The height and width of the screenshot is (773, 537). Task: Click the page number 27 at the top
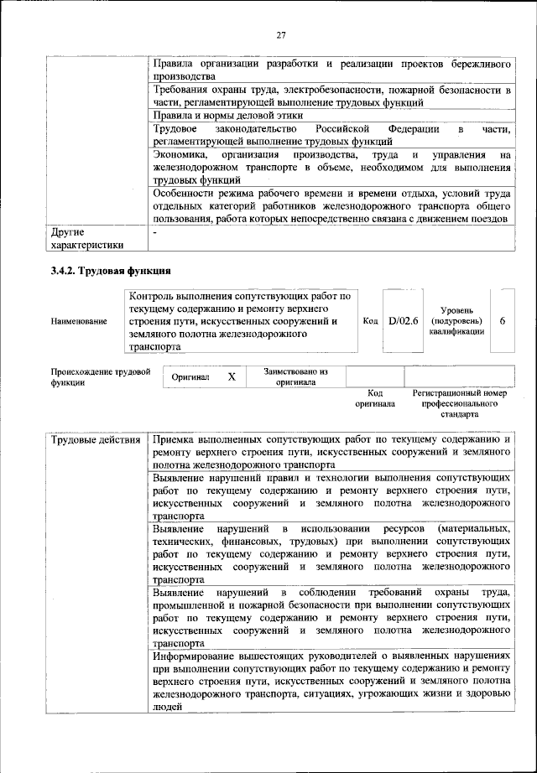pyautogui.click(x=280, y=34)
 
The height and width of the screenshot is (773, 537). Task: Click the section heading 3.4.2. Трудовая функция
pyautogui.click(x=111, y=272)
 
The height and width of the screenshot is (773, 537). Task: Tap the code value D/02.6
pyautogui.click(x=403, y=320)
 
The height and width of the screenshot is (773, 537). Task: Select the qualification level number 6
pyautogui.click(x=502, y=320)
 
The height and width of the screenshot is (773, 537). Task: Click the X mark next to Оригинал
pyautogui.click(x=232, y=378)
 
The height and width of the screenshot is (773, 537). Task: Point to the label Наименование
pyautogui.click(x=79, y=321)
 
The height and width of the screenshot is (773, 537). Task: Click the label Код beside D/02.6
pyautogui.click(x=370, y=321)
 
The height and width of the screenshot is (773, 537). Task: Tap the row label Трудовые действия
pyautogui.click(x=95, y=440)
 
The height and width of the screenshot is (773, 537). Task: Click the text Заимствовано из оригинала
pyautogui.click(x=295, y=376)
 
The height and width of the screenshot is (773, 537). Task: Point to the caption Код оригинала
pyautogui.click(x=374, y=397)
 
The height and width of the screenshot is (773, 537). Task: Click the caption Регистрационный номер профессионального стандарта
pyautogui.click(x=460, y=403)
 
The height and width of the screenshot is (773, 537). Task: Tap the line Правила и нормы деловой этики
pyautogui.click(x=228, y=116)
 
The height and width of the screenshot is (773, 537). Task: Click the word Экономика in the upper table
pyautogui.click(x=183, y=156)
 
